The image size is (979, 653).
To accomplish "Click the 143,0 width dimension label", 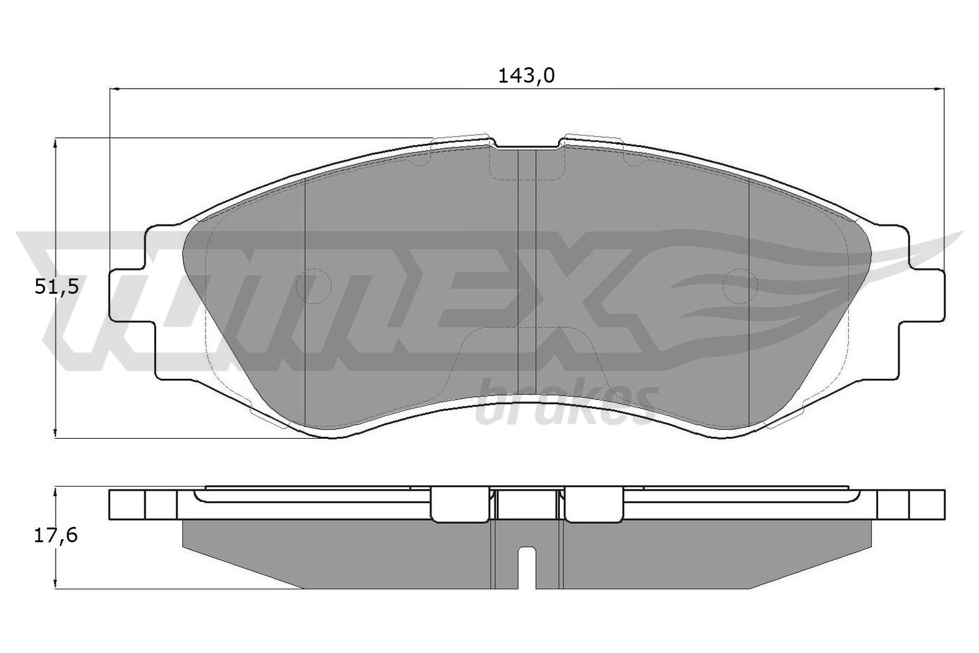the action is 526,76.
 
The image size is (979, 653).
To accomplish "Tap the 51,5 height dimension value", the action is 56,287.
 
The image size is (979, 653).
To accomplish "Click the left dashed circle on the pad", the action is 314,286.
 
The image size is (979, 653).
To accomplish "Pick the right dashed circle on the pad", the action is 740,286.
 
